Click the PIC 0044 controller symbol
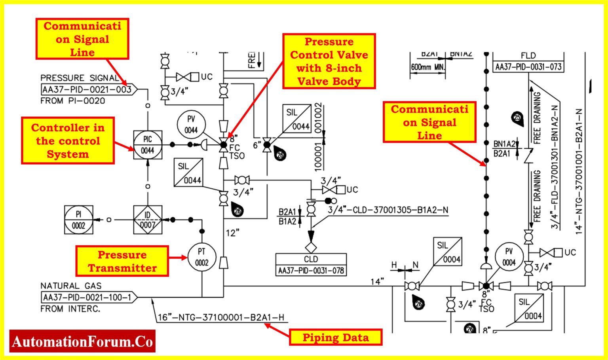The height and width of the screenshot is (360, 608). [147, 145]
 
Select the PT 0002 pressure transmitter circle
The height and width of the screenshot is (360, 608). [201, 257]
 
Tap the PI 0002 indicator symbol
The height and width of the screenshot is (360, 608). [79, 220]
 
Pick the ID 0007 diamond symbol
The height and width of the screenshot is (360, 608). [147, 220]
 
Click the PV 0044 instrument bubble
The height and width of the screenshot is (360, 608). [191, 124]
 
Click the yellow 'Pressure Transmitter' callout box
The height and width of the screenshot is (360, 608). [122, 261]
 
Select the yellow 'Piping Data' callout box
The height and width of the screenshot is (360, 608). [335, 337]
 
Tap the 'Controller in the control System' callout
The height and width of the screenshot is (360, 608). [68, 140]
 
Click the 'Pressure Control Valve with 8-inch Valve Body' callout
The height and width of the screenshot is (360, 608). [329, 61]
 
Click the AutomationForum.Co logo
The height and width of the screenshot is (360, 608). [82, 341]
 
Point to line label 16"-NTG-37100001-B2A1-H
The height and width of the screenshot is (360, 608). [221, 317]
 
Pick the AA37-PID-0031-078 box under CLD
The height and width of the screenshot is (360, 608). [311, 271]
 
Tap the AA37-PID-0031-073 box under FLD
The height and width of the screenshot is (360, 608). [528, 67]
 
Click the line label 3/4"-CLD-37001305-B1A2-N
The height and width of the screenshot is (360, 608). [388, 210]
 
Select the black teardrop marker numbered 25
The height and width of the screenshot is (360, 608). [517, 118]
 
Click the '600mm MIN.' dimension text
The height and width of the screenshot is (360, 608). [427, 67]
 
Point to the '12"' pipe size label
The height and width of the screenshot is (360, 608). [232, 233]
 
